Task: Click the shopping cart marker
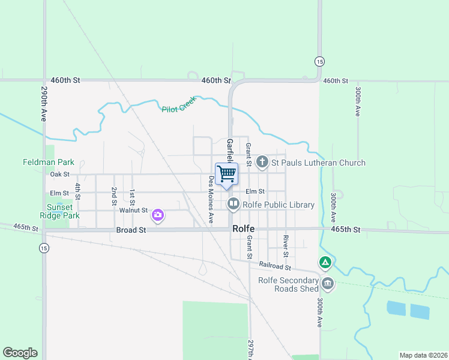pyautogui.click(x=226, y=174)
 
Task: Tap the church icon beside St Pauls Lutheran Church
pyautogui.click(x=262, y=162)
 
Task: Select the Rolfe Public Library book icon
pyautogui.click(x=233, y=205)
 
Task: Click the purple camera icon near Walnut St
pyautogui.click(x=158, y=214)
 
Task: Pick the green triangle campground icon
pyautogui.click(x=325, y=262)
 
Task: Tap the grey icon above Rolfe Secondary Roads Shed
pyautogui.click(x=327, y=283)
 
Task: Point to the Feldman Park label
pyautogui.click(x=49, y=162)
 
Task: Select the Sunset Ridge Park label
pyautogui.click(x=63, y=211)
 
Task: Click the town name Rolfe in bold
pyautogui.click(x=244, y=229)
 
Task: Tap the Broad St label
pyautogui.click(x=131, y=230)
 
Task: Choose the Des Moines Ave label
pyautogui.click(x=211, y=199)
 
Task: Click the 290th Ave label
pyautogui.click(x=44, y=104)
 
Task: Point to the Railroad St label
pyautogui.click(x=275, y=265)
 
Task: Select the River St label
pyautogui.click(x=286, y=246)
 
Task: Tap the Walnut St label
pyautogui.click(x=133, y=210)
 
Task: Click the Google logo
pyautogui.click(x=20, y=353)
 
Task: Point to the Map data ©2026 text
pyautogui.click(x=423, y=355)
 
